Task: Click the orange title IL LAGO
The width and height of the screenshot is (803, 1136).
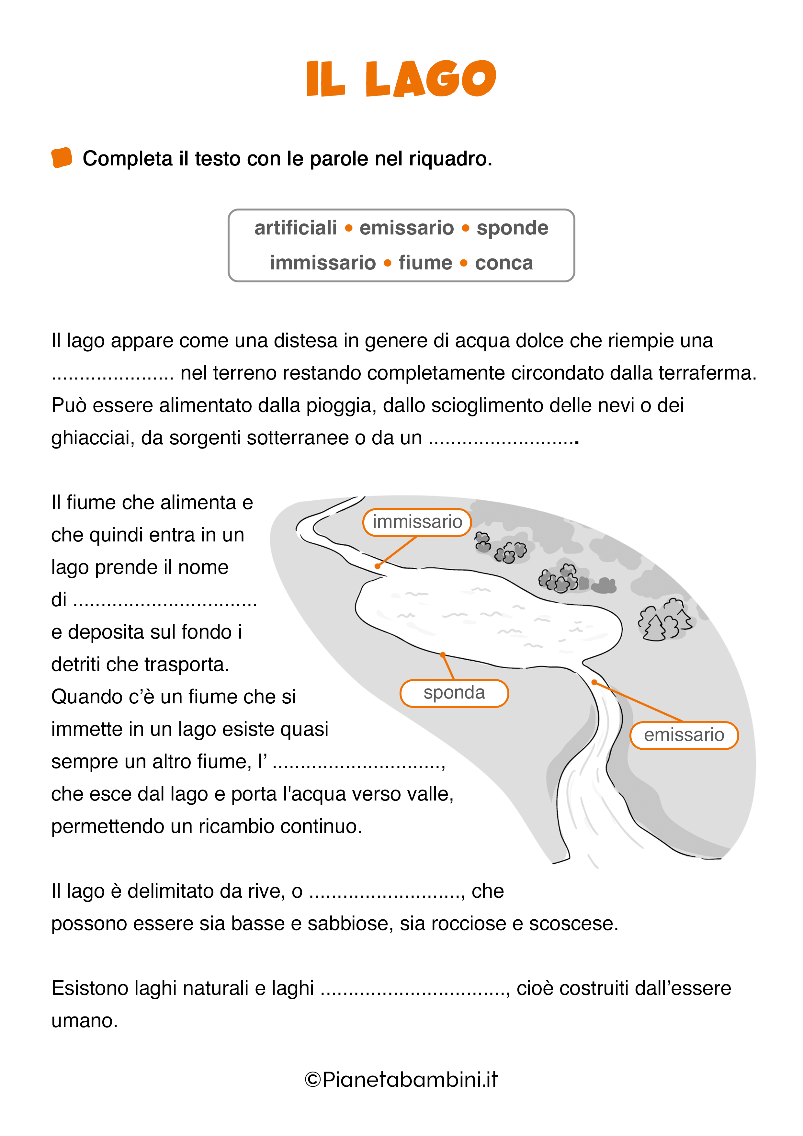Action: [x=401, y=79]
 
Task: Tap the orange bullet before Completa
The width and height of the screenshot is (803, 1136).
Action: [x=62, y=158]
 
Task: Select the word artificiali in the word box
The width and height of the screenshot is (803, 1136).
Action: [x=295, y=228]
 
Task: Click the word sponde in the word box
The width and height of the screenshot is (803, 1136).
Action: [x=512, y=228]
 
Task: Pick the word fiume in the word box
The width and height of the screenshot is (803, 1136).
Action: [x=425, y=263]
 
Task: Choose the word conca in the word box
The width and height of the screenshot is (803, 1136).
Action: [x=504, y=263]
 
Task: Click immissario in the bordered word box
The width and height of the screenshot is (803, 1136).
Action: [x=322, y=263]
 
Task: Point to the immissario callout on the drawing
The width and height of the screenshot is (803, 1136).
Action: [x=417, y=522]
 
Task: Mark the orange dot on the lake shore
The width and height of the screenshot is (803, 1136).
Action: [x=443, y=654]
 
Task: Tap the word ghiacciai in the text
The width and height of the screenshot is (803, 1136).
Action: [x=93, y=438]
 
